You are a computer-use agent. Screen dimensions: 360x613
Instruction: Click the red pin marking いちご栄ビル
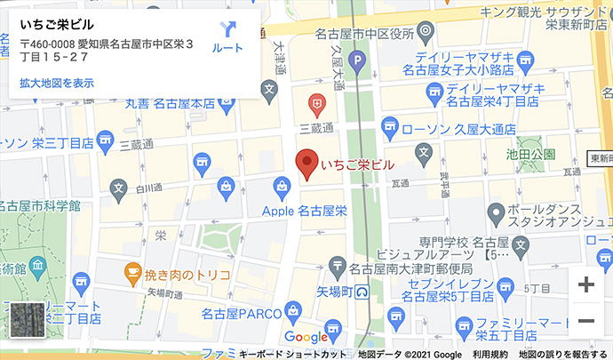coord(306,163)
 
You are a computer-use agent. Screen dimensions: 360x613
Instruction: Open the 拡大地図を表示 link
coord(57,83)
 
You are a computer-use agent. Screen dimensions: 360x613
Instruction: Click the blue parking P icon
coord(356,62)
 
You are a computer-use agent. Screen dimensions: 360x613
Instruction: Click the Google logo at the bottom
coord(306,337)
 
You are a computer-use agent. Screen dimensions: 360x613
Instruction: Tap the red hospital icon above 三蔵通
coord(314,102)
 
